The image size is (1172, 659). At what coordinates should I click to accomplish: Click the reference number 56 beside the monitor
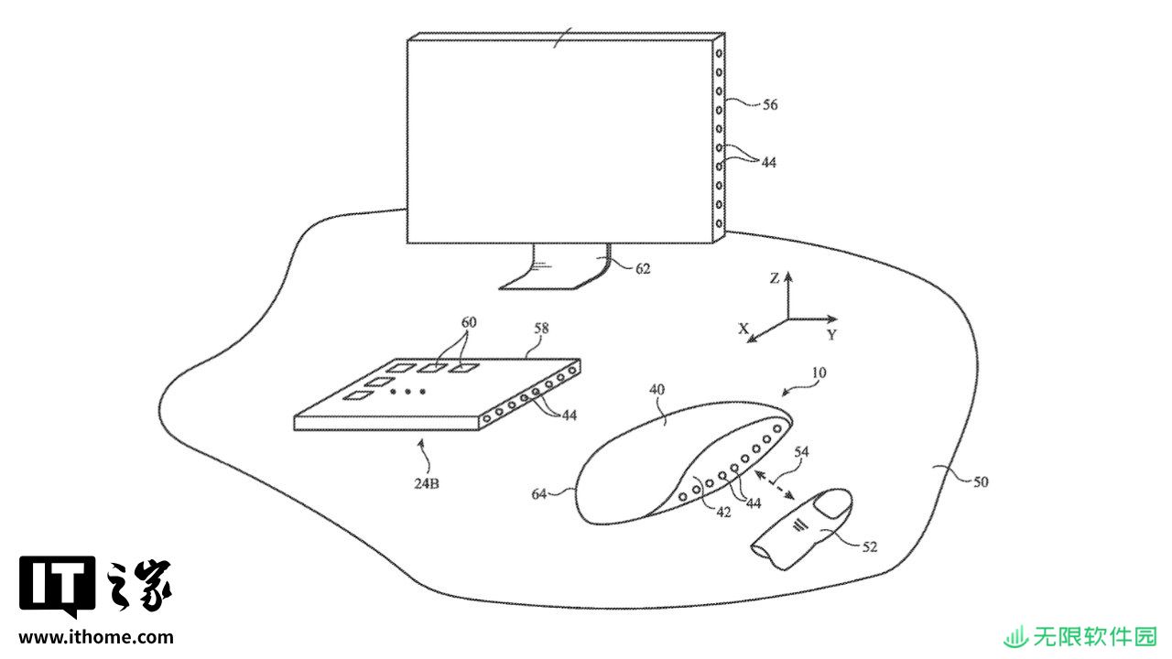tap(770, 104)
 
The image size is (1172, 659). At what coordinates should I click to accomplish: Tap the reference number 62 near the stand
tap(643, 268)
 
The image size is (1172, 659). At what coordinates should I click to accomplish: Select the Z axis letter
tap(775, 278)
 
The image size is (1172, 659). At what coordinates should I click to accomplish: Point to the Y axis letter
tap(832, 335)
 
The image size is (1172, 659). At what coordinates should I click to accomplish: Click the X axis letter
tap(743, 329)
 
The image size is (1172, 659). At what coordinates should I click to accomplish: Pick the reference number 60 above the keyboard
tap(469, 322)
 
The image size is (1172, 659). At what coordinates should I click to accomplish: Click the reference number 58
tap(541, 329)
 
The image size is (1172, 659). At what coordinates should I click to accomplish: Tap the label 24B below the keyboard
tap(427, 483)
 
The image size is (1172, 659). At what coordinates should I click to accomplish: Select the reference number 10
tap(819, 373)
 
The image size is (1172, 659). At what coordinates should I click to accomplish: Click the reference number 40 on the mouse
tap(657, 389)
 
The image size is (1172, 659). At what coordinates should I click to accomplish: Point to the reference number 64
tap(539, 493)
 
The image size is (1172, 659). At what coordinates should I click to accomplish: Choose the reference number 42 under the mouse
tap(723, 512)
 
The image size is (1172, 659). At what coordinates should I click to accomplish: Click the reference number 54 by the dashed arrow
tap(801, 451)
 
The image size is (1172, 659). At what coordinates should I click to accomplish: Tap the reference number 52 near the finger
tap(869, 546)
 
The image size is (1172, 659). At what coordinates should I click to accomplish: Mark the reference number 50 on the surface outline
tap(981, 481)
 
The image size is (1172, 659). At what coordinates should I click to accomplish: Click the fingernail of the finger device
tap(833, 504)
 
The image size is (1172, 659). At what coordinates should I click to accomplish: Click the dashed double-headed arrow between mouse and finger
tap(775, 485)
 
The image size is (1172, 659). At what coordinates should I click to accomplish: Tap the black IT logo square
tap(58, 586)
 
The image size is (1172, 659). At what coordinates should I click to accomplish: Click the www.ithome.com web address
tap(96, 637)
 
